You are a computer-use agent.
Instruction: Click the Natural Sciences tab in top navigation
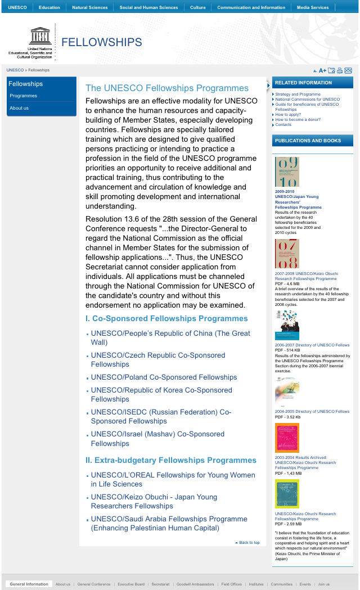[x=89, y=7]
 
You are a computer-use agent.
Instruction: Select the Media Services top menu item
[x=313, y=7]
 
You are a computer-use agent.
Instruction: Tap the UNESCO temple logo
[x=41, y=37]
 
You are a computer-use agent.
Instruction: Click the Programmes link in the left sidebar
[x=24, y=96]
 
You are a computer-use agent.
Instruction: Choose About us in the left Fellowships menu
[x=19, y=108]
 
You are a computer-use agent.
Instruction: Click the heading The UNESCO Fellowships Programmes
[x=166, y=88]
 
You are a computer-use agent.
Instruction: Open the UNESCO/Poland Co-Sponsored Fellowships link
[x=164, y=377]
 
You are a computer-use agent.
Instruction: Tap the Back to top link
[x=249, y=543]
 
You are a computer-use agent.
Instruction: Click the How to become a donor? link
[x=298, y=120]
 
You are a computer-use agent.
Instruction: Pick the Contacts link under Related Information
[x=283, y=125]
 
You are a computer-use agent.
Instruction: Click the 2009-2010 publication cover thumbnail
[x=287, y=172]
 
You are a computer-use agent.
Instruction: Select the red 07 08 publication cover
[x=287, y=254]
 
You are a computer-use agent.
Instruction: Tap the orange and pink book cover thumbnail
[x=287, y=438]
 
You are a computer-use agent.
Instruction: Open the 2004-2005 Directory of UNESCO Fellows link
[x=312, y=411]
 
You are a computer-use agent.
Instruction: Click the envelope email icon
[x=348, y=70]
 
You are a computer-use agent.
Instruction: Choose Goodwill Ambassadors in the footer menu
[x=195, y=584]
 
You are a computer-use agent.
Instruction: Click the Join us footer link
[x=323, y=584]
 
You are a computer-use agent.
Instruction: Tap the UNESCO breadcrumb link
[x=15, y=70]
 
